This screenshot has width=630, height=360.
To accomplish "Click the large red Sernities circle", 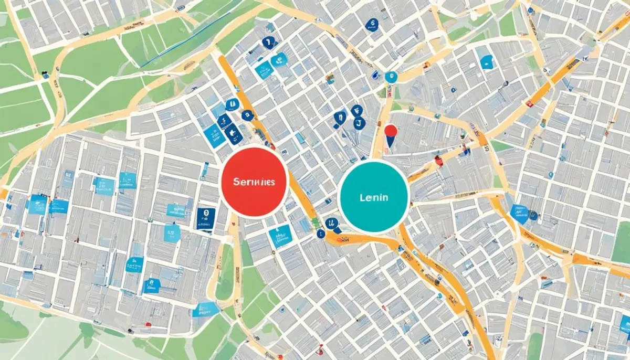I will coord(255,182).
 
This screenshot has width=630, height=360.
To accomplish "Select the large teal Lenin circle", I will coord(374,196).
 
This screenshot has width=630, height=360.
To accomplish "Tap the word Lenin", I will coord(374,198).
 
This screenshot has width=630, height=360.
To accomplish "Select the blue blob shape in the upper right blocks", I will coord(487,62).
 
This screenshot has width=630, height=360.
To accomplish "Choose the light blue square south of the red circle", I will coord(280,236).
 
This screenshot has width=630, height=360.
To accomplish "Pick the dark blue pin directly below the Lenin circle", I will coord(333,226).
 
